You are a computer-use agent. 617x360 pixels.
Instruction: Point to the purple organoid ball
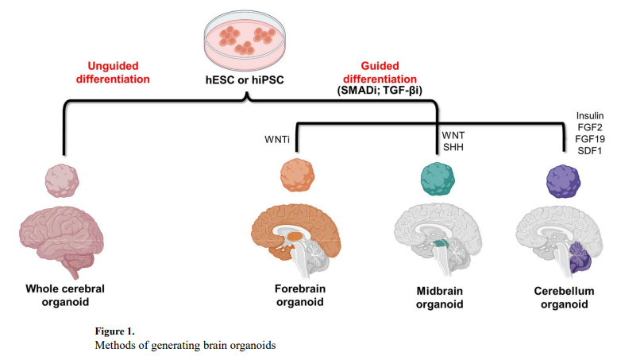coord(564,180)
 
